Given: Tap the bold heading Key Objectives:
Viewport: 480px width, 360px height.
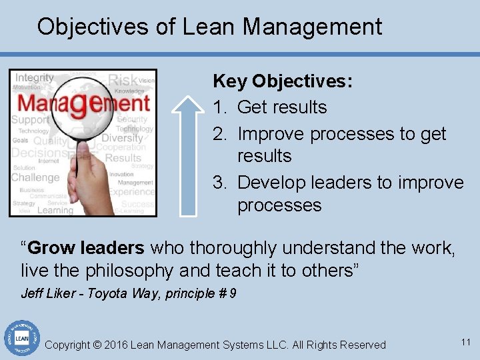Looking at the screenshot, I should point(283,82).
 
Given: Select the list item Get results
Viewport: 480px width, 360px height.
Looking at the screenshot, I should point(282,107).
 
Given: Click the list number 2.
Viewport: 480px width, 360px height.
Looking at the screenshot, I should point(221,134).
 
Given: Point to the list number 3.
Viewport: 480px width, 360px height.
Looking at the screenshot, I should point(221,183).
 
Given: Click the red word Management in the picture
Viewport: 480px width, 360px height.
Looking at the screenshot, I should point(83,103).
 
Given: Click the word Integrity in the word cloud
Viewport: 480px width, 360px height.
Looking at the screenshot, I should point(34,78).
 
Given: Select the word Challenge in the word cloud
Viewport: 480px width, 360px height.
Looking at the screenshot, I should point(35,177).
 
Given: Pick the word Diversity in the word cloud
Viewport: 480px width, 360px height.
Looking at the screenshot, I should point(122,138).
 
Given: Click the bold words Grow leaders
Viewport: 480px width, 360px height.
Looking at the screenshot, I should point(87,249).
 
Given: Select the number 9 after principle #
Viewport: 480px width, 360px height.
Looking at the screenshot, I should point(232,293).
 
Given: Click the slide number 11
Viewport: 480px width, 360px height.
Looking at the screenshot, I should point(465,342).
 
